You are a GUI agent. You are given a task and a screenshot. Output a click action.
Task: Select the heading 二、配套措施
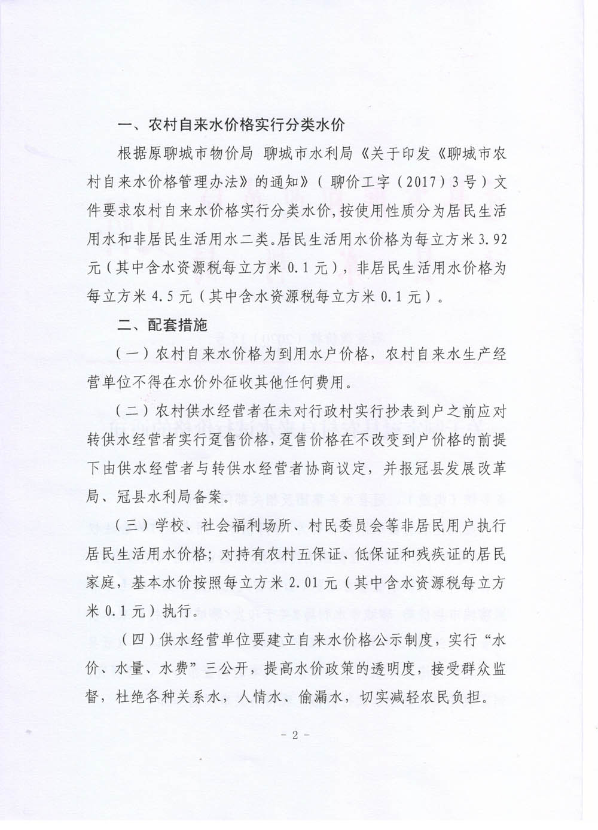point(163,325)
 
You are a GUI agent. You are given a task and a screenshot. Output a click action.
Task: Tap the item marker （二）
point(132,412)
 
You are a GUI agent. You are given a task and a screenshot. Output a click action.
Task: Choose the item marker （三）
point(132,527)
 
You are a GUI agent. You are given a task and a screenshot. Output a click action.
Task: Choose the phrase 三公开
point(244,670)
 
